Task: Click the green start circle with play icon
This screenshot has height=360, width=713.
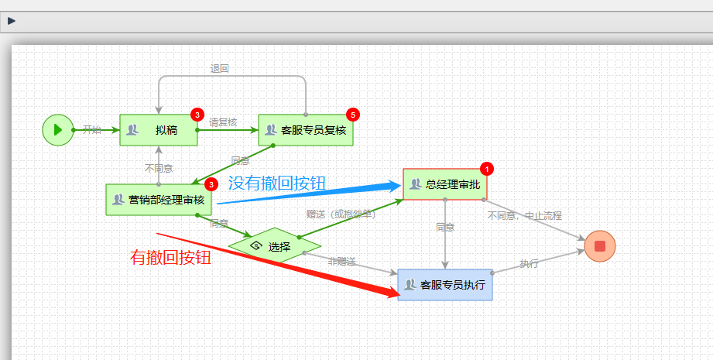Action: (x=57, y=129)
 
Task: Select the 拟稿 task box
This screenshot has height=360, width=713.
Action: (x=159, y=130)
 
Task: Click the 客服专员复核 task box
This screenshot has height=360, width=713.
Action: (x=306, y=130)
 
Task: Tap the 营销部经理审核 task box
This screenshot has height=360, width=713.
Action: (x=159, y=200)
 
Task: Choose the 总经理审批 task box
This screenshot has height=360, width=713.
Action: (x=445, y=184)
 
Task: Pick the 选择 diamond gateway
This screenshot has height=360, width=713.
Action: (x=274, y=247)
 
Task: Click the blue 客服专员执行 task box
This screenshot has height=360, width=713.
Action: (x=445, y=285)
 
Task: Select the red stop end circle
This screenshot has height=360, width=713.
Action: (x=600, y=246)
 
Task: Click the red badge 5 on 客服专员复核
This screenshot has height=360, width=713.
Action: (x=353, y=115)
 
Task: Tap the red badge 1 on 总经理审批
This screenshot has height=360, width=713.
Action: (x=486, y=168)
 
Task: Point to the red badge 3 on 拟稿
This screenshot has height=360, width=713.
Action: (x=197, y=115)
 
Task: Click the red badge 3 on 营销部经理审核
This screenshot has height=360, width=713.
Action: (x=211, y=184)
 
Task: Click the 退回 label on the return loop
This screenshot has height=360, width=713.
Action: (x=220, y=68)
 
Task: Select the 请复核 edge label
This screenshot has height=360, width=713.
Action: (x=223, y=122)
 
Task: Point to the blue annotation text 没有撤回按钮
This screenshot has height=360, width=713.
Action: (x=276, y=183)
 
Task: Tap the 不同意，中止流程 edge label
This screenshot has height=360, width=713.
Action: (x=524, y=215)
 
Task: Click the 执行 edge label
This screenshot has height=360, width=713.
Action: (x=530, y=263)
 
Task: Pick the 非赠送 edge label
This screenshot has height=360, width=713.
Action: (x=341, y=262)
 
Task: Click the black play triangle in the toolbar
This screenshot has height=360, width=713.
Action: (x=12, y=21)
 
